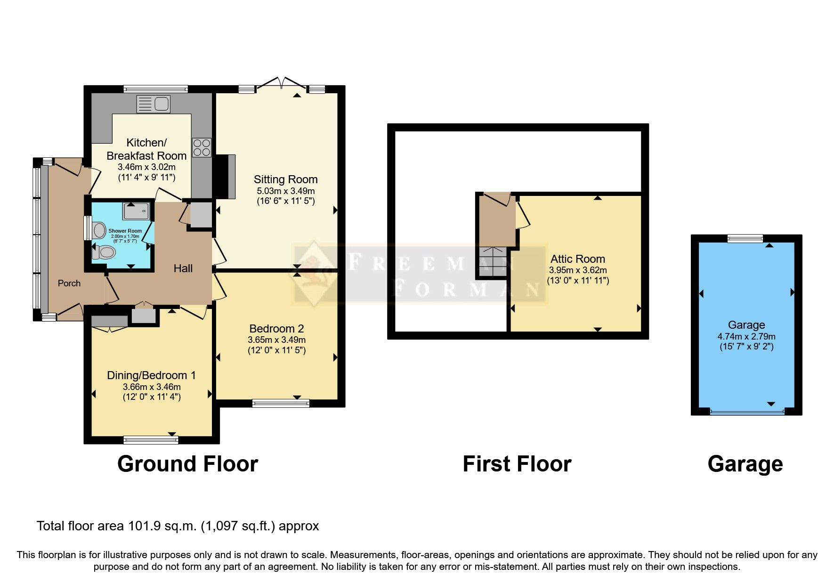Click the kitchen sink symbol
[153, 104]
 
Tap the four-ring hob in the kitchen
[202, 147]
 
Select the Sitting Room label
[285, 179]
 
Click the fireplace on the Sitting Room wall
[225, 177]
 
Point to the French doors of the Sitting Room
[282, 84]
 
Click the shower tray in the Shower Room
[138, 211]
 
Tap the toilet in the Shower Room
[104, 253]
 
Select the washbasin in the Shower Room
[99, 230]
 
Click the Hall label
[183, 268]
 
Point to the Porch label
[69, 283]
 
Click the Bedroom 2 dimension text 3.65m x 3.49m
[276, 340]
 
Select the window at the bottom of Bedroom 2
[281, 403]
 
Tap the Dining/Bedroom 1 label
[151, 375]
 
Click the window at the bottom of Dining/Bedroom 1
[151, 440]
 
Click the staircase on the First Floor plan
[493, 262]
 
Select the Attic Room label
[577, 259]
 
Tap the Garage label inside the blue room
[746, 325]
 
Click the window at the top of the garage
[745, 238]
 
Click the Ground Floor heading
[187, 464]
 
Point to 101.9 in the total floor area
[145, 526]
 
